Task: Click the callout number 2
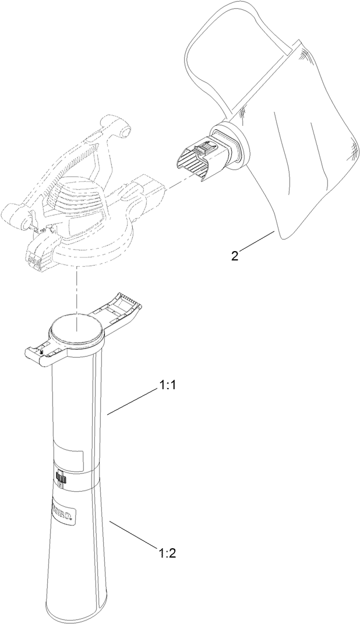tap(234, 256)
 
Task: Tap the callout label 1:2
tap(167, 552)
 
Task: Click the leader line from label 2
tap(255, 243)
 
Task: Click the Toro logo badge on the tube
tap(63, 503)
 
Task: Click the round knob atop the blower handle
tap(123, 132)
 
